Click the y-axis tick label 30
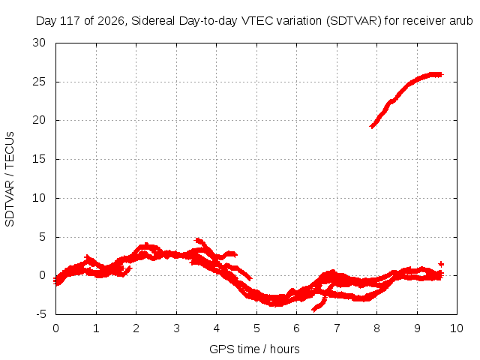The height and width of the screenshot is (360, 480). [39, 43]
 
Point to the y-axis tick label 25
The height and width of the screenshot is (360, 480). [39, 82]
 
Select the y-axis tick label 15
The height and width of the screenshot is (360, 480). [39, 159]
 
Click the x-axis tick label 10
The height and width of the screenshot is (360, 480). [457, 328]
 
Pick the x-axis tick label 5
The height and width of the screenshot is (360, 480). [256, 328]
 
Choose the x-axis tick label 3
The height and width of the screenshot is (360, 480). [176, 328]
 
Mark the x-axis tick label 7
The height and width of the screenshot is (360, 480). [337, 328]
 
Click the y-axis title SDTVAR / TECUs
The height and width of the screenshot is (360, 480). [10, 179]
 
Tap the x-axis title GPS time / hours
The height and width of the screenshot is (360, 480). [254, 349]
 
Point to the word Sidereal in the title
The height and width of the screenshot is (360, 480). [153, 21]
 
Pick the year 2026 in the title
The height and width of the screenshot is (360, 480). [110, 21]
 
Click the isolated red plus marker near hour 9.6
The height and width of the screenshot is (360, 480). [441, 264]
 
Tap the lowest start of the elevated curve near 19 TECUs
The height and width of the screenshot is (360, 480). [372, 126]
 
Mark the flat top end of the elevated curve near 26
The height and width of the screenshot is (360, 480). [440, 75]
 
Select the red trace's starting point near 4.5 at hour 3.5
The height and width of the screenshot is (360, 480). [197, 240]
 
